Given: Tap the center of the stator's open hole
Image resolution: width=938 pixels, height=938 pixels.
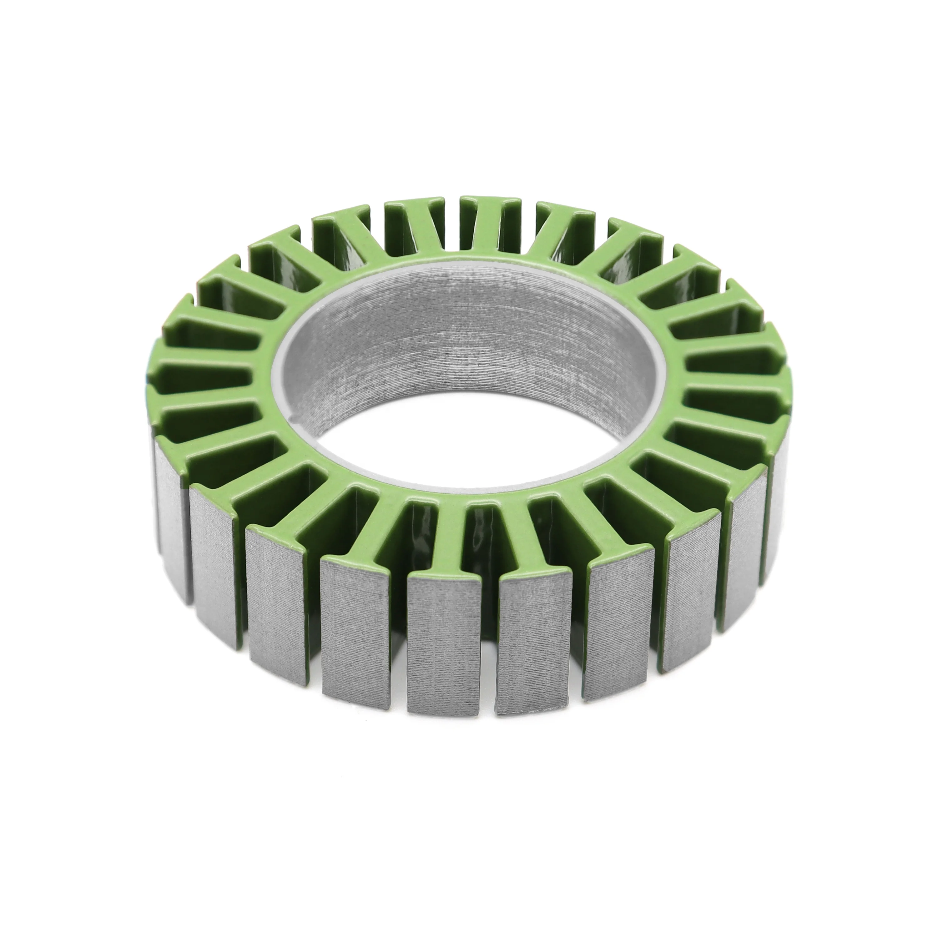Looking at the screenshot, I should pos(466,384).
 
